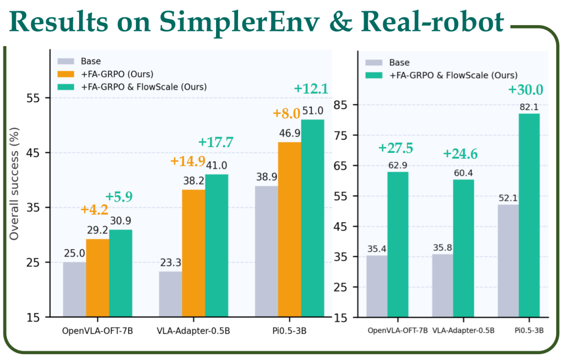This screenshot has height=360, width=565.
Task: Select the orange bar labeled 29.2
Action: (98, 277)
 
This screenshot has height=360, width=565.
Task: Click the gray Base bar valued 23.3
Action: (171, 294)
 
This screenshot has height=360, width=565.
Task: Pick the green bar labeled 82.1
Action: (529, 215)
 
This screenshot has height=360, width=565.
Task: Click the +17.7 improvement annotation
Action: (216, 142)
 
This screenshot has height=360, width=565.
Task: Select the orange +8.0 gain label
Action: (286, 114)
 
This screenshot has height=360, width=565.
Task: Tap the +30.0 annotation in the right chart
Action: (526, 90)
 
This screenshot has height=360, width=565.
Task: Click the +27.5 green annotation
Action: (395, 148)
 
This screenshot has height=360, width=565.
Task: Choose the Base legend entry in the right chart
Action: (398, 62)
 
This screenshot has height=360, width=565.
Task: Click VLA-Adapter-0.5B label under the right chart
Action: (463, 331)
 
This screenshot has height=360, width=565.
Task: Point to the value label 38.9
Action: (266, 177)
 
